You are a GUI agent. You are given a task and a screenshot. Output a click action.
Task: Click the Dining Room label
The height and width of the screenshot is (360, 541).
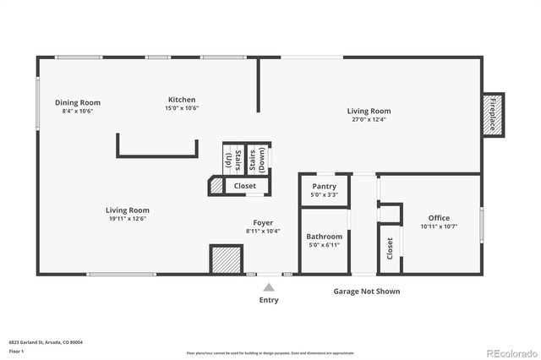[78, 102]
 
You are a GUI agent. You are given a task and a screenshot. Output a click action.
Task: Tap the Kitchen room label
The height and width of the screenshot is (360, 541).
[182, 100]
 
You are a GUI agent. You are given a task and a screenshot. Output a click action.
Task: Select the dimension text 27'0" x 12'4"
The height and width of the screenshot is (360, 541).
[369, 119]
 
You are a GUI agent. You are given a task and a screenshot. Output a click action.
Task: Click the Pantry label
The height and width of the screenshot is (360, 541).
[325, 186]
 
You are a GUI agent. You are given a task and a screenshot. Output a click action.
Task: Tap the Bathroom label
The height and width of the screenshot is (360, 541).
[325, 237]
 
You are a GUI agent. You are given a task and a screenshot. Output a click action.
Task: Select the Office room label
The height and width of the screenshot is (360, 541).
[439, 217]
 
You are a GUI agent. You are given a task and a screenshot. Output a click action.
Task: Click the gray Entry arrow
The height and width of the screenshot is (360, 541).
[269, 287]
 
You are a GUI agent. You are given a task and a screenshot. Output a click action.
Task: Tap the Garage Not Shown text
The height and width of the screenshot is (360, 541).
[366, 292]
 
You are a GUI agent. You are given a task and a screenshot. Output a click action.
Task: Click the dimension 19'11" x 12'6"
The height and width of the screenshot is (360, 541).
[128, 219]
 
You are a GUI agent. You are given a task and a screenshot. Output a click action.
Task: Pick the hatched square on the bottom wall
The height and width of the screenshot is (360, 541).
[226, 259]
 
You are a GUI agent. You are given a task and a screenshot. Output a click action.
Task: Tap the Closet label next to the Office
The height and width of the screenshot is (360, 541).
[390, 248]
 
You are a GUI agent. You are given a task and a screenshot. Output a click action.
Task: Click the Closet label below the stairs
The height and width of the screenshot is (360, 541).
[245, 186]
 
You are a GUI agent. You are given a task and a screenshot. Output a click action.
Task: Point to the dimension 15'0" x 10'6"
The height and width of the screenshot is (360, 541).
[182, 108]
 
